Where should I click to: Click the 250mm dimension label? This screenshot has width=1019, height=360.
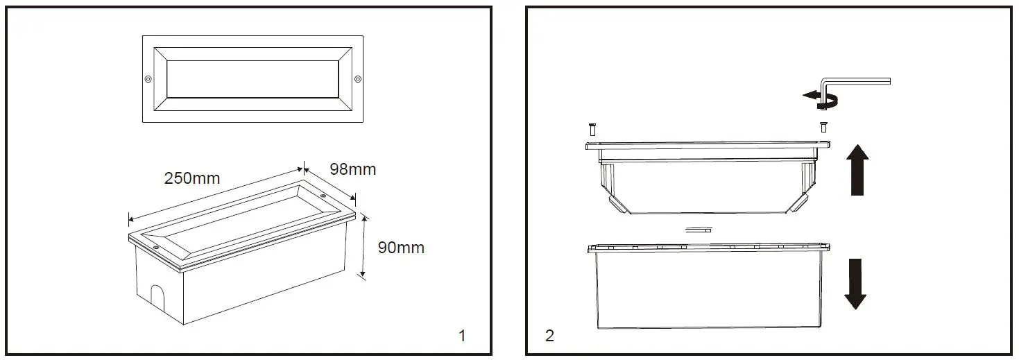[191, 178]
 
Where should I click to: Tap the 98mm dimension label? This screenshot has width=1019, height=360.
[352, 169]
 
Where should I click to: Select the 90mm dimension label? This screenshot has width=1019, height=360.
[400, 248]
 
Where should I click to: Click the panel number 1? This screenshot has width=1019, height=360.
[462, 336]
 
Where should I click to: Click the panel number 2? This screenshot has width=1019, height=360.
[549, 336]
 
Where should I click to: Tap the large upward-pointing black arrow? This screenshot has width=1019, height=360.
[858, 169]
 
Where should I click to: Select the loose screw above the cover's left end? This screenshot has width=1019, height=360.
[591, 128]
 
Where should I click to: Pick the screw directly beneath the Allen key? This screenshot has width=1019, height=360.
[823, 127]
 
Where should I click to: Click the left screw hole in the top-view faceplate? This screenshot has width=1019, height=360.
[148, 78]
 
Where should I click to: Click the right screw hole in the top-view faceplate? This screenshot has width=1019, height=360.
[358, 78]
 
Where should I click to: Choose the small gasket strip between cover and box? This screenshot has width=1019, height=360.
[699, 229]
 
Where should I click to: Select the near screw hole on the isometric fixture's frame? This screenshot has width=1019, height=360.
[156, 246]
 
